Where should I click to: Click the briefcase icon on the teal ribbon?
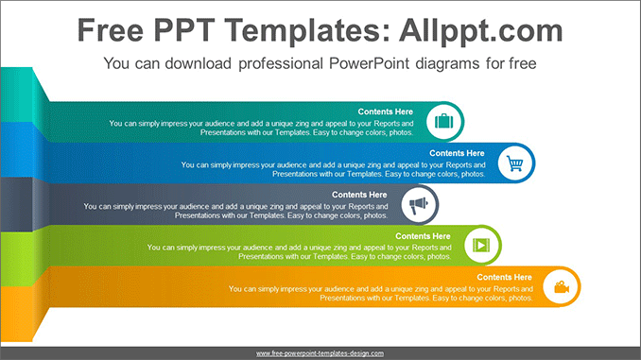[444, 121]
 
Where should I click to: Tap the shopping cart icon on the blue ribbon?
[515, 163]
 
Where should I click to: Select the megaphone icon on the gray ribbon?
[419, 205]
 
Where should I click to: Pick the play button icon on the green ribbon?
[481, 245]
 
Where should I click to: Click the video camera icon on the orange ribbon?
[562, 287]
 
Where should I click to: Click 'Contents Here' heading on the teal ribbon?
[385, 111]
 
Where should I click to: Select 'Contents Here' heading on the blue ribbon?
[457, 153]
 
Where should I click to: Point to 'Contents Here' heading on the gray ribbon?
[359, 195]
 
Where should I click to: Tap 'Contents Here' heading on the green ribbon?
[423, 236]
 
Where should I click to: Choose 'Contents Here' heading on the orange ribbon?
[504, 277]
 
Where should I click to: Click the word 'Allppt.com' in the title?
[481, 31]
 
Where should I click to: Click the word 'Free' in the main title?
[111, 30]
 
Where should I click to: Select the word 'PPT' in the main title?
[184, 30]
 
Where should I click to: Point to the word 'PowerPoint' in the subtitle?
[369, 63]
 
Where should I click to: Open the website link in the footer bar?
[320, 353]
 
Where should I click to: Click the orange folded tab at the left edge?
[16, 314]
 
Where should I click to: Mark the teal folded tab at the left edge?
[16, 94]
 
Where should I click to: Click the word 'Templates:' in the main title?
[308, 31]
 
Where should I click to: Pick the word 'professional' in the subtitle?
[281, 63]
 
